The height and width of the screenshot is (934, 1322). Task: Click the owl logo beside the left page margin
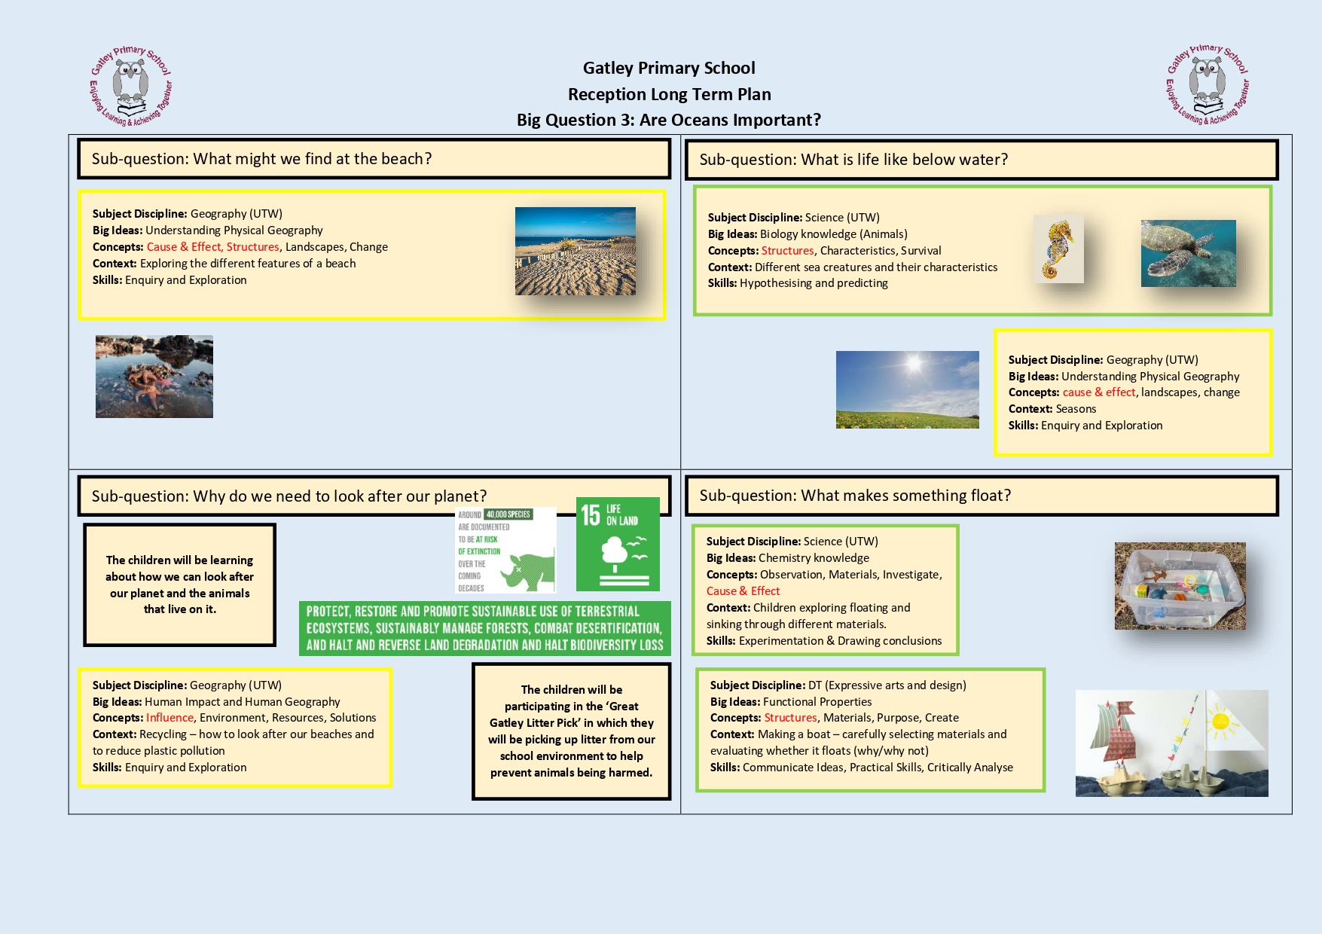point(131,85)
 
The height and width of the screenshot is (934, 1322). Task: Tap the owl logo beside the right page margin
point(1208,83)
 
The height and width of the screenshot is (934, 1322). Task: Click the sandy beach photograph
point(575,251)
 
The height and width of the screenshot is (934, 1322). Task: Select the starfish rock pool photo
point(154,376)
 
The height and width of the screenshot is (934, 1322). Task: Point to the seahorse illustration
point(1058,249)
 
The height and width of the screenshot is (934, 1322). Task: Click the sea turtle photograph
point(1188,253)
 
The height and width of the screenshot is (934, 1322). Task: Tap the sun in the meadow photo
point(914,365)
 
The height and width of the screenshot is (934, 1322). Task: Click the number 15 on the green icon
point(590,515)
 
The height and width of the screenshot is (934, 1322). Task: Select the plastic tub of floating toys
point(1180,586)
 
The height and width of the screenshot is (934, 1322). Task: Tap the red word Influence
point(169,718)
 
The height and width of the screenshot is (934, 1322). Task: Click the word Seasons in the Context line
point(1076,409)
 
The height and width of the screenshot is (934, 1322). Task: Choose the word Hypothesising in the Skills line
point(775,283)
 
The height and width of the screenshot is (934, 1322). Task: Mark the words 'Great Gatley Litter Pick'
point(571,715)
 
